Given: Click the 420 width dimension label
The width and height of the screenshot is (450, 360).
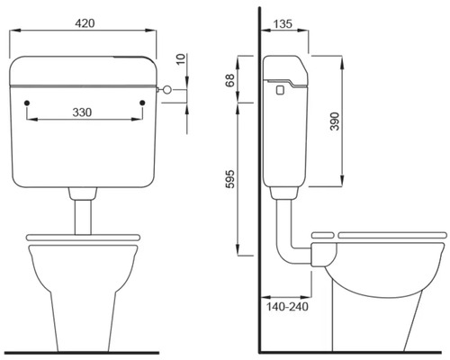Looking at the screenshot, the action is click(x=85, y=23).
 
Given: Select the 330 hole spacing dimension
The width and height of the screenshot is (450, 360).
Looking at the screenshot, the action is click(x=82, y=112).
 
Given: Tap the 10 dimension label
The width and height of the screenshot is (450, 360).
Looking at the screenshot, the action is click(x=181, y=59).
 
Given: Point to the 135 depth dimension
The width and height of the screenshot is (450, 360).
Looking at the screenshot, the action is click(x=283, y=24).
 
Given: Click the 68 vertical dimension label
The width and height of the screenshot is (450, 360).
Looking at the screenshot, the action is click(x=230, y=80).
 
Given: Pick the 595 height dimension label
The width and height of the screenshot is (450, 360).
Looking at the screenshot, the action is click(x=230, y=179).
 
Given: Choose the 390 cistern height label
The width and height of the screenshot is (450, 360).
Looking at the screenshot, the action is click(x=335, y=121).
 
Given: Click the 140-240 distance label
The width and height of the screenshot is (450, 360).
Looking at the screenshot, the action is click(x=287, y=307).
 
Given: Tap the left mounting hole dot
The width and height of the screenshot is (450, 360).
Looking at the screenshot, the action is click(x=27, y=103).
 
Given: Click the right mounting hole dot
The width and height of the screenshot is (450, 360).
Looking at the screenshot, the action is click(x=142, y=103).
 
